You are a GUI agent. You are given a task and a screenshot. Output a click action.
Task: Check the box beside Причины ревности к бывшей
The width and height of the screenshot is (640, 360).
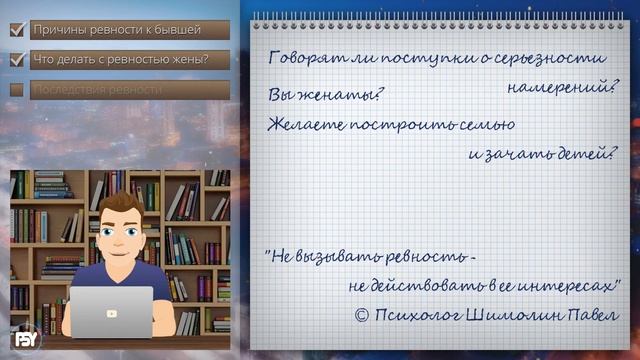17,30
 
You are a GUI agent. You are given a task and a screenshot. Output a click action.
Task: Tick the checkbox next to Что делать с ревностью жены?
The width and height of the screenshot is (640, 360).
17,59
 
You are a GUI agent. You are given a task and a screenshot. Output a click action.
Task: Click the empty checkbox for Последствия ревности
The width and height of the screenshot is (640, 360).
17,89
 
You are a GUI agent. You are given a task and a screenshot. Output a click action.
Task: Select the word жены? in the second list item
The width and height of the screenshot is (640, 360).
188,59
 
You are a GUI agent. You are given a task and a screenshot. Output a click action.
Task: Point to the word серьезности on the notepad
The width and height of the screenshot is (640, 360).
556,59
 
